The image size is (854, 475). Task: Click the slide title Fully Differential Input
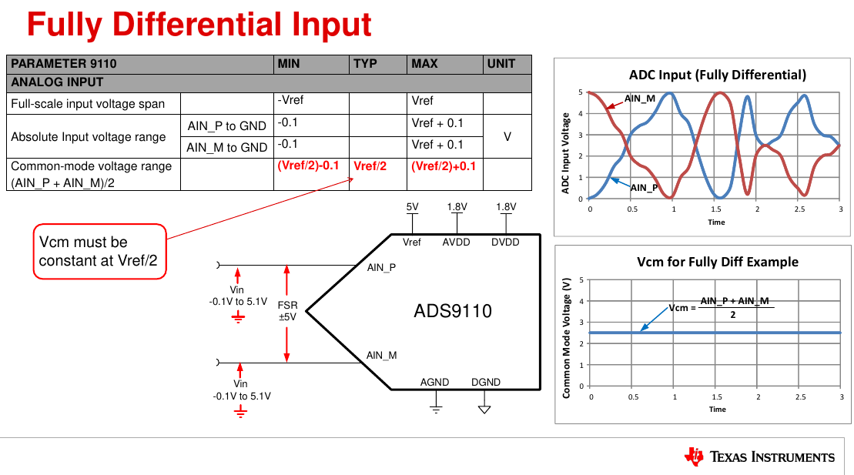click(199, 25)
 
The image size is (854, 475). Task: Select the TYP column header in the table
click(365, 64)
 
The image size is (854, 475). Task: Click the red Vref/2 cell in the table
click(370, 166)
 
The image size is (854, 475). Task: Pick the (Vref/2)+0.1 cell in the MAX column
click(444, 166)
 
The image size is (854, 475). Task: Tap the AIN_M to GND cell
click(226, 148)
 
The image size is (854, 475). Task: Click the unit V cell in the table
click(507, 136)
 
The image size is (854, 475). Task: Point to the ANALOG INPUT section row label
click(57, 82)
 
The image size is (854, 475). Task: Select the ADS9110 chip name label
click(453, 311)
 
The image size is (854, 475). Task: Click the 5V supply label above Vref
click(413, 207)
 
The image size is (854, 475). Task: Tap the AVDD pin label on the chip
click(457, 243)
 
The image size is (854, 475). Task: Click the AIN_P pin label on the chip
click(382, 267)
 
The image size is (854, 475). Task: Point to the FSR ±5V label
click(287, 311)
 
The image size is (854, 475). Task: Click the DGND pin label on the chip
click(486, 383)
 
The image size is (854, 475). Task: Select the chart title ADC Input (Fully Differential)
click(717, 75)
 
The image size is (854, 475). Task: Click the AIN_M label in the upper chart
click(639, 99)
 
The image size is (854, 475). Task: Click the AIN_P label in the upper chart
click(644, 187)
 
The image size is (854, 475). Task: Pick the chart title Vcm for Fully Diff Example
click(717, 262)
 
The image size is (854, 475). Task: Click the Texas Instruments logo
click(759, 457)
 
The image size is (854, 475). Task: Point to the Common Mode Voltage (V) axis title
click(567, 337)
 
